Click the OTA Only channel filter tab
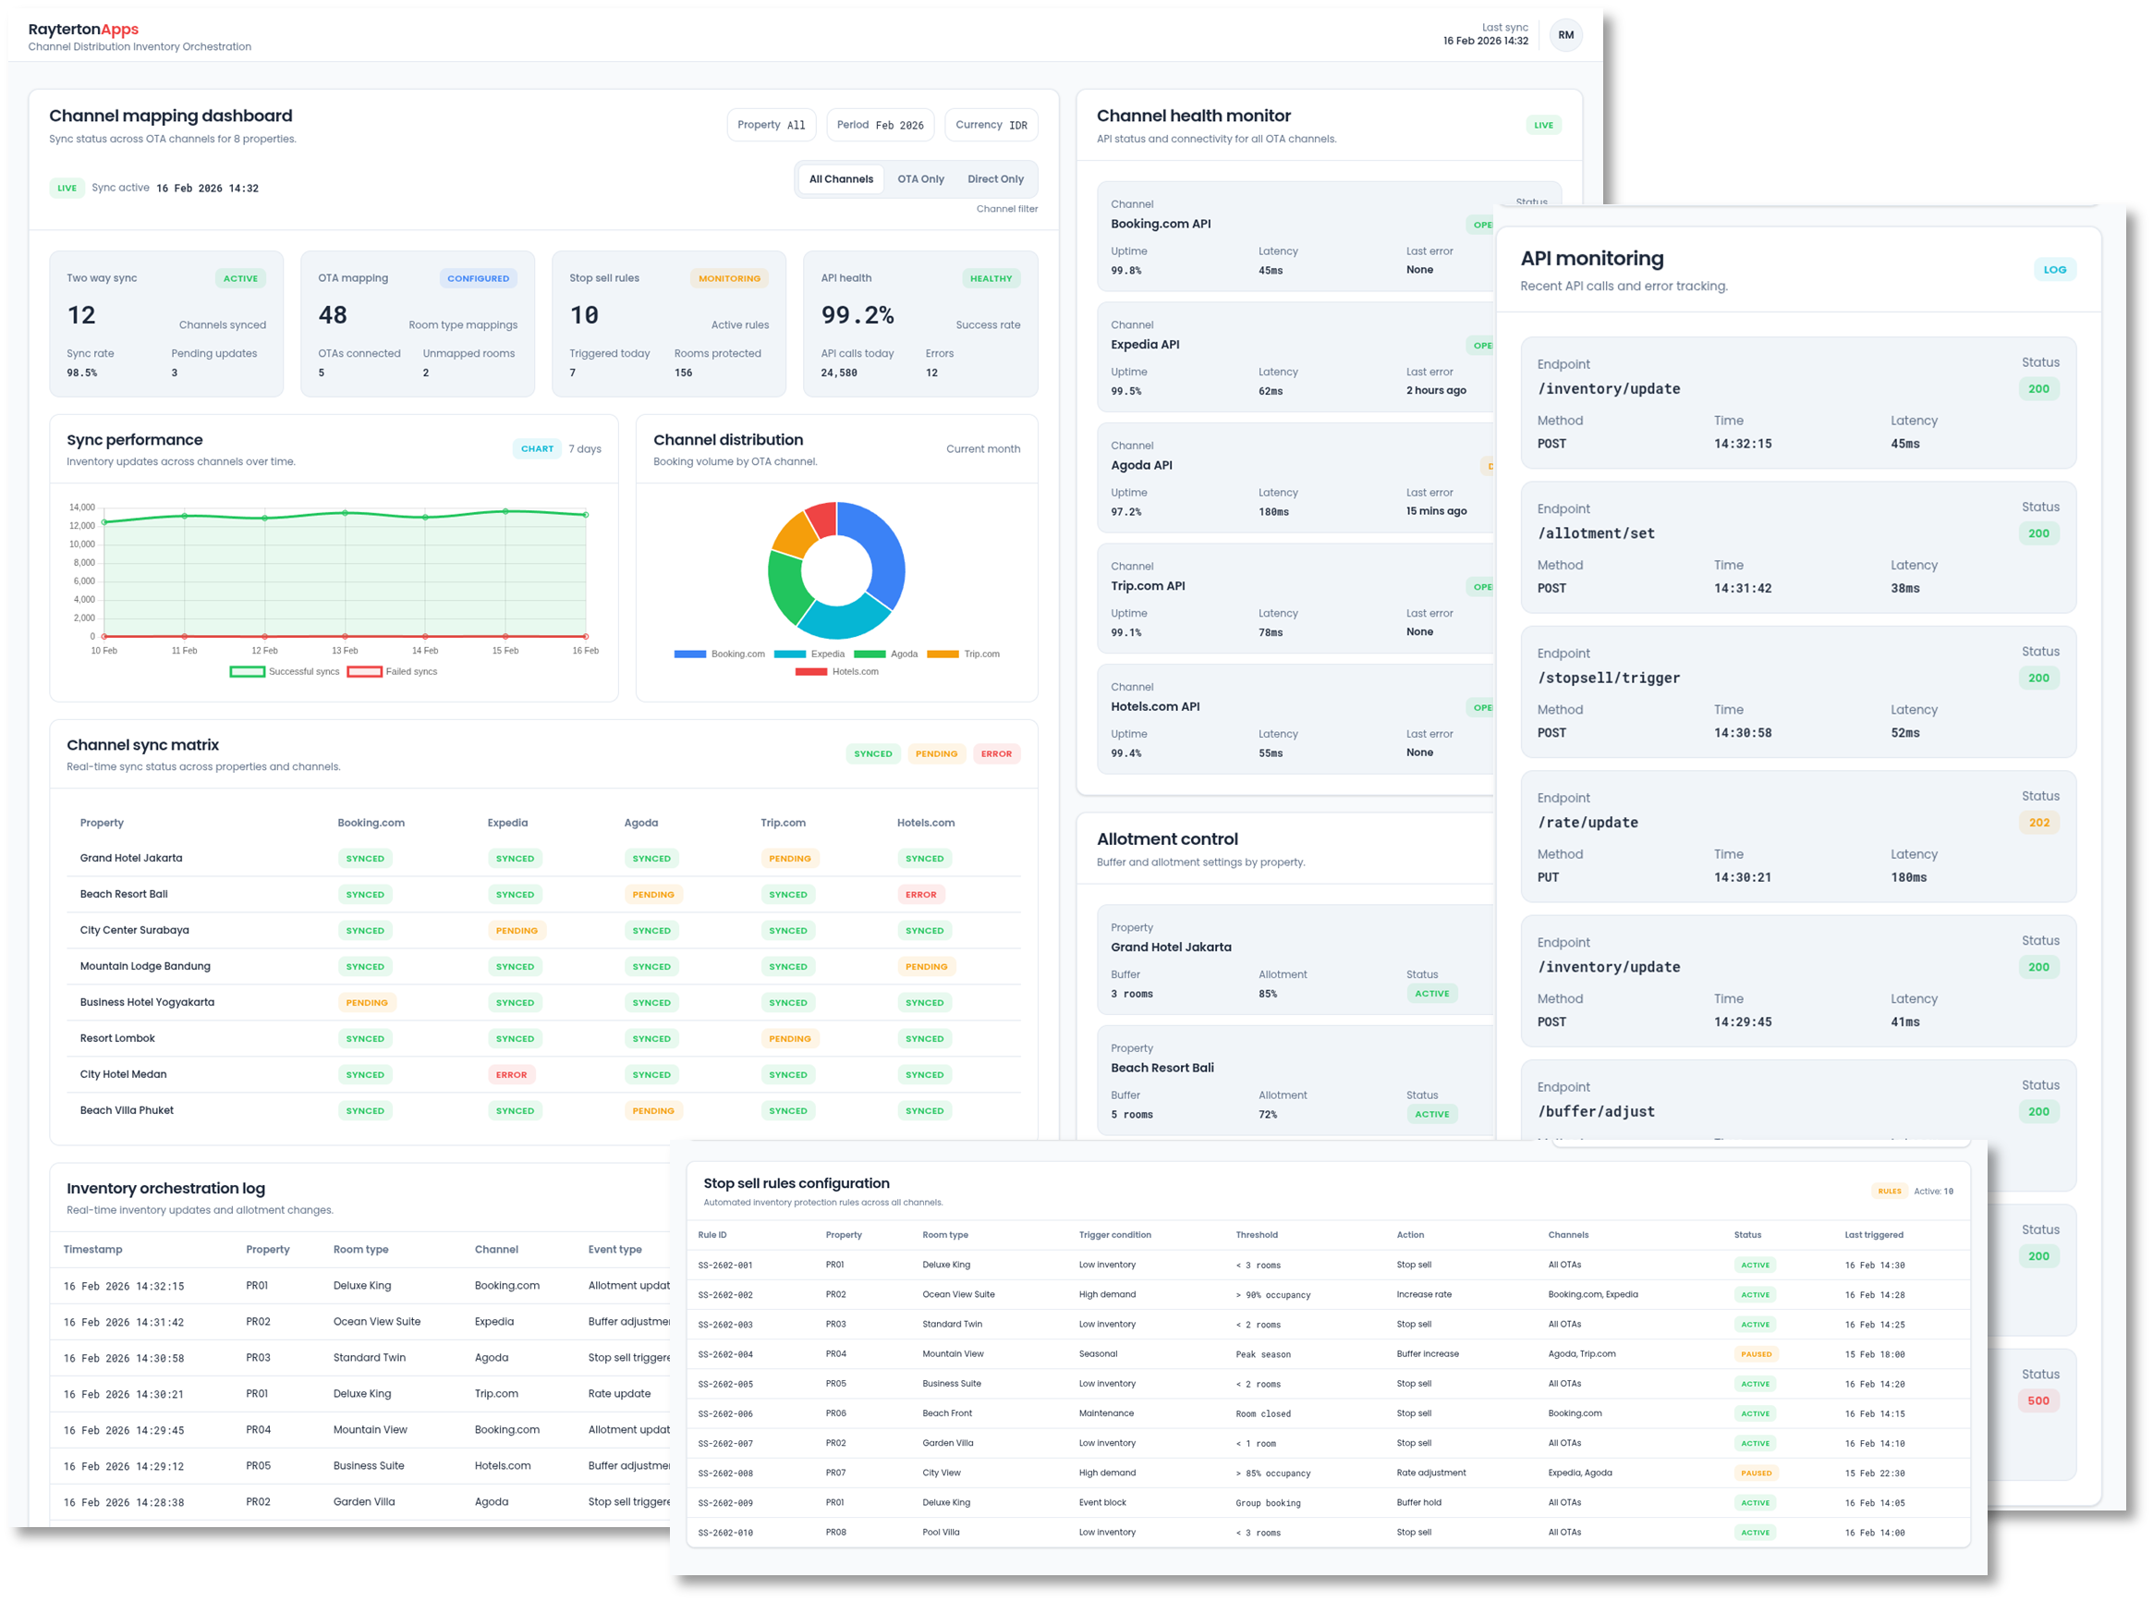click(x=920, y=179)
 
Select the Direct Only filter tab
click(x=994, y=179)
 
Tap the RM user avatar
click(x=1565, y=35)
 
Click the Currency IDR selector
click(x=991, y=125)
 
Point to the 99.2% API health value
click(x=857, y=315)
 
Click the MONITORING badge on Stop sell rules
click(x=729, y=278)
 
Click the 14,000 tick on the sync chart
click(x=82, y=508)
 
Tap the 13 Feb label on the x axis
click(x=344, y=651)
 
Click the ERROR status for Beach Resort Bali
click(x=920, y=894)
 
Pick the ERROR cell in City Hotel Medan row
click(x=511, y=1074)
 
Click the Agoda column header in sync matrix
click(x=640, y=823)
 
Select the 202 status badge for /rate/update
click(x=2038, y=823)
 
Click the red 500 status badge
click(x=2037, y=1400)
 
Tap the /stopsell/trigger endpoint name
click(x=1608, y=678)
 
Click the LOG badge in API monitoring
click(x=2054, y=270)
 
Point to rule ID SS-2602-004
click(x=725, y=1353)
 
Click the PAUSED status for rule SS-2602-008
click(x=1756, y=1473)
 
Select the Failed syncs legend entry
click(x=393, y=671)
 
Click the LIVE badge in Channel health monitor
click(x=1543, y=125)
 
